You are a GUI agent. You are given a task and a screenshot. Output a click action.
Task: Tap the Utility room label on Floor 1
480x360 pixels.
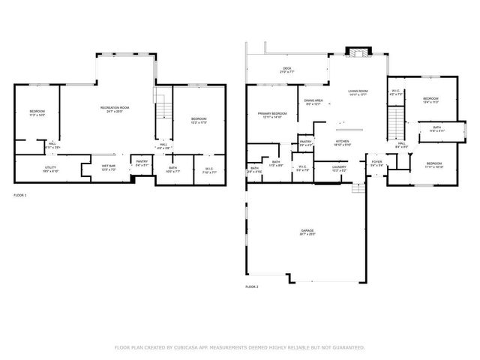point(50,167)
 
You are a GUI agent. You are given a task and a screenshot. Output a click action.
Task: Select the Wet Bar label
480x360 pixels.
point(109,166)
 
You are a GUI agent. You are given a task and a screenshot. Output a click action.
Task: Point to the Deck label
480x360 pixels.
point(286,68)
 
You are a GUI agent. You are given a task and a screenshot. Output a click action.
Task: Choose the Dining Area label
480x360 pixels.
point(313,100)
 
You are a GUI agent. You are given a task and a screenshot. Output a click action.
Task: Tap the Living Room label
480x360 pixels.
point(358,91)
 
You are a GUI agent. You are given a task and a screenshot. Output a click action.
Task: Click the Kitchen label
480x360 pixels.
point(342,142)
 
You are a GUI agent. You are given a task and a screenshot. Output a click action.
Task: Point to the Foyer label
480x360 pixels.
point(376,161)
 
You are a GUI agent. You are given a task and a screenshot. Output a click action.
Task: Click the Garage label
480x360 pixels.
point(307,230)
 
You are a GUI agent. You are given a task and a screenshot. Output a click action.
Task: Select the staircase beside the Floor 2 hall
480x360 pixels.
point(394,122)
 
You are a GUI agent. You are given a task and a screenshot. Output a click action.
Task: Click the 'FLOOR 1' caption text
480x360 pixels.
point(20,195)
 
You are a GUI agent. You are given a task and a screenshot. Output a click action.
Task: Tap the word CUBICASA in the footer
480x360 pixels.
point(192,347)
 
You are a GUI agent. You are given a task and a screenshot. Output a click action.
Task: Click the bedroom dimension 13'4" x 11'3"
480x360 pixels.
point(430,102)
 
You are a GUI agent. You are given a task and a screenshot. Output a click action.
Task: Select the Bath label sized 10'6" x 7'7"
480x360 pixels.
point(172,168)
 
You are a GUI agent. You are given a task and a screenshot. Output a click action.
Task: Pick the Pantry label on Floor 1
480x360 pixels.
point(142,161)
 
